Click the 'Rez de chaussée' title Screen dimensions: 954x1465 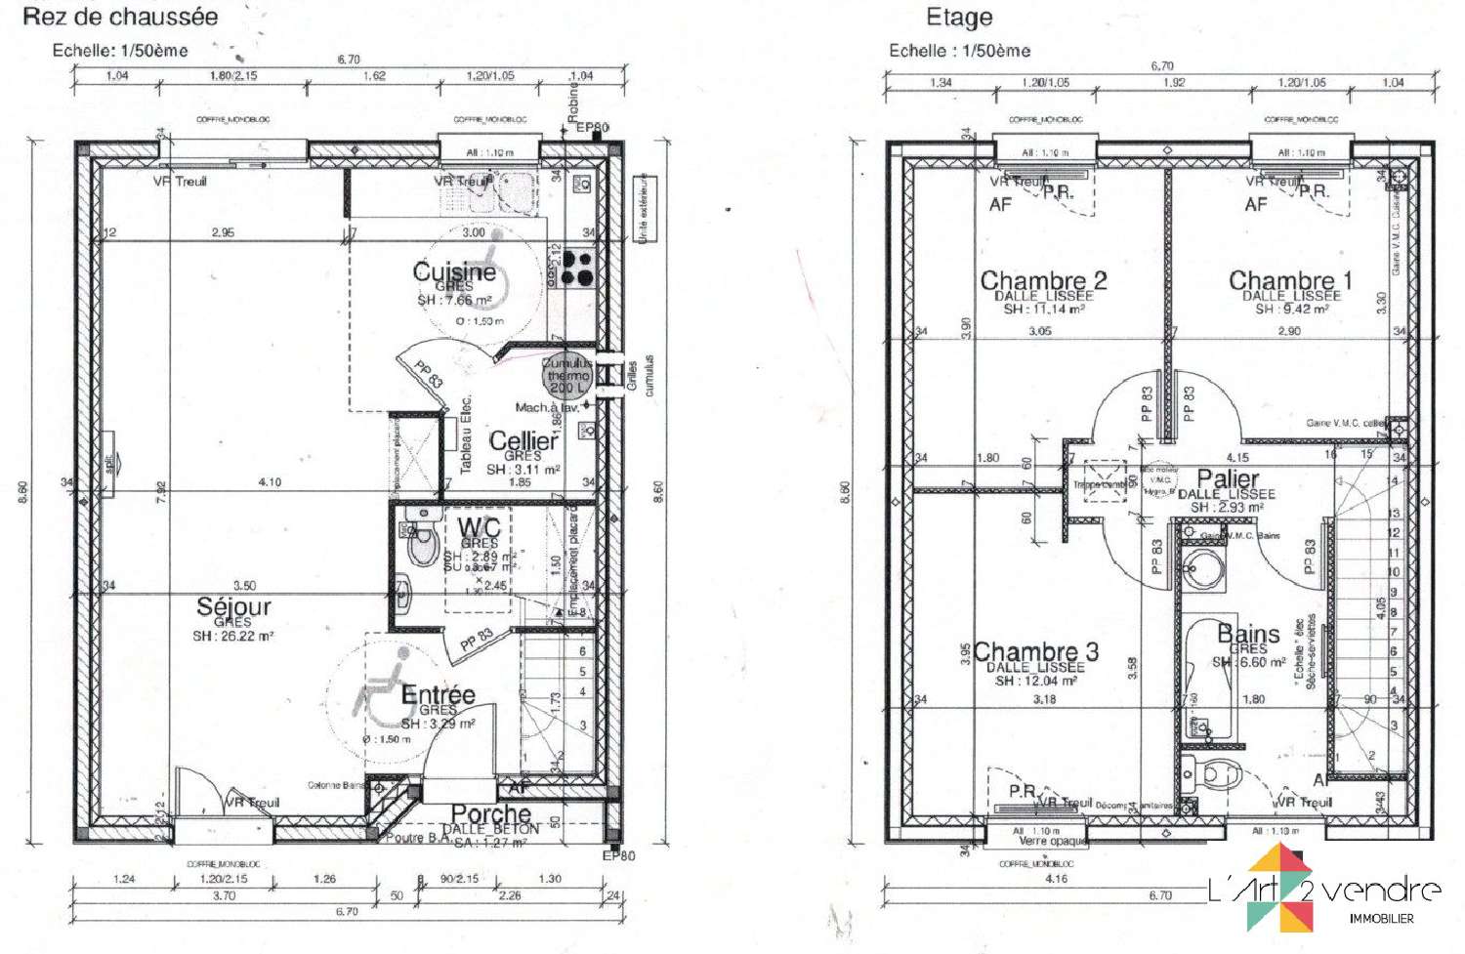click(120, 17)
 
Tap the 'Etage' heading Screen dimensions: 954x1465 click(958, 18)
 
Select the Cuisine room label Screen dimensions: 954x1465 click(453, 271)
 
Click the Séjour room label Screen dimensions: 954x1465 click(233, 606)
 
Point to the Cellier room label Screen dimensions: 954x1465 click(523, 440)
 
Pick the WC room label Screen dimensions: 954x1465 click(479, 528)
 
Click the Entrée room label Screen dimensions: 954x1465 click(438, 695)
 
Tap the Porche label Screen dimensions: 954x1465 click(490, 813)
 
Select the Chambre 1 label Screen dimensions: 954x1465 click(1290, 281)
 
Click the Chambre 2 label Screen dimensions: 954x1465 click(1043, 281)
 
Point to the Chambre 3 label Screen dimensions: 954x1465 click(1035, 651)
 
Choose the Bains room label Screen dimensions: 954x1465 click(1247, 635)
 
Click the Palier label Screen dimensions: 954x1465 click(1228, 478)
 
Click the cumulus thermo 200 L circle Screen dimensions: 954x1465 click(567, 375)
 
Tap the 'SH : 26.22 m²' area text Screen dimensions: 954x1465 click(232, 636)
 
